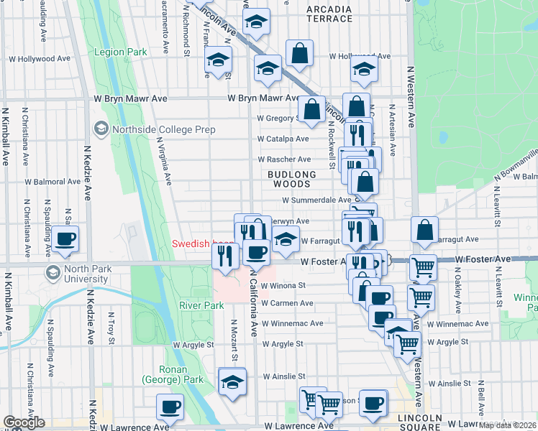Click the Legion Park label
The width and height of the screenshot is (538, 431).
pyautogui.click(x=121, y=52)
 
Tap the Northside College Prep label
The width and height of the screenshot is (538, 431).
pyautogui.click(x=152, y=129)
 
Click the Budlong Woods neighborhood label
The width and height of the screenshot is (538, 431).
pyautogui.click(x=292, y=179)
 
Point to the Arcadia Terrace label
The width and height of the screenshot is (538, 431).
pyautogui.click(x=329, y=14)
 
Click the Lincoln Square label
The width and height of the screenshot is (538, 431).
pyautogui.click(x=421, y=423)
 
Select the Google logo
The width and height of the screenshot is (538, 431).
pyautogui.click(x=24, y=422)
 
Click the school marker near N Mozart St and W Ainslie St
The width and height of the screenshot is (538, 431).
pyautogui.click(x=232, y=381)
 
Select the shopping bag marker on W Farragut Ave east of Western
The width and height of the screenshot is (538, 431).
pyautogui.click(x=424, y=230)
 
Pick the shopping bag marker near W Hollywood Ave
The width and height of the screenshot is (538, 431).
pyautogui.click(x=299, y=52)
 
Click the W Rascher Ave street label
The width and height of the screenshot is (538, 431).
pyautogui.click(x=284, y=159)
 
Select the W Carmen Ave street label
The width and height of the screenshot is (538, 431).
pyautogui.click(x=287, y=304)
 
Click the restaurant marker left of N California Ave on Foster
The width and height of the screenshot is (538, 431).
pyautogui.click(x=226, y=256)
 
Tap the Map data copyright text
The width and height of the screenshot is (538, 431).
pyautogui.click(x=507, y=425)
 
